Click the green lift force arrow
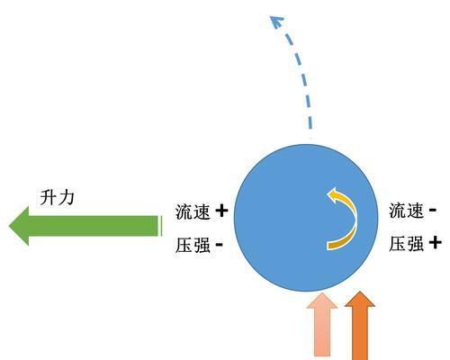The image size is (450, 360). tap(85, 226)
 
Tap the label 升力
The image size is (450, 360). tap(57, 197)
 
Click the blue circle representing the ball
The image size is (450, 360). tap(306, 218)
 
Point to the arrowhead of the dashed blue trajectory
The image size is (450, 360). tap(276, 22)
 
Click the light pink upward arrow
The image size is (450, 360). tap(322, 325)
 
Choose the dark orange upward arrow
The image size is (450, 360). tap(360, 326)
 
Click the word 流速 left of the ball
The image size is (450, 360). tap(193, 211)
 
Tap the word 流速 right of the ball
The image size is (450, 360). tap(406, 211)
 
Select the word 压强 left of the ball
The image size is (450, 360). tap(193, 245)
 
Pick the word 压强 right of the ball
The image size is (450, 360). tap(406, 243)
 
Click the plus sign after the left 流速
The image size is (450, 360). tap(221, 211)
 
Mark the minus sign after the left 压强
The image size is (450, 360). tap(220, 244)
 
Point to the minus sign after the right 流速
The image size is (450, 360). tap(433, 210)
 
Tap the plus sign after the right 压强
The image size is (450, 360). tap(436, 242)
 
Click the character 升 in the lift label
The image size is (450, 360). tap(48, 197)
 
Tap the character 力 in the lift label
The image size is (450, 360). tap(66, 197)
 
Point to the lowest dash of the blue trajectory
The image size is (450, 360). tap(310, 121)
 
